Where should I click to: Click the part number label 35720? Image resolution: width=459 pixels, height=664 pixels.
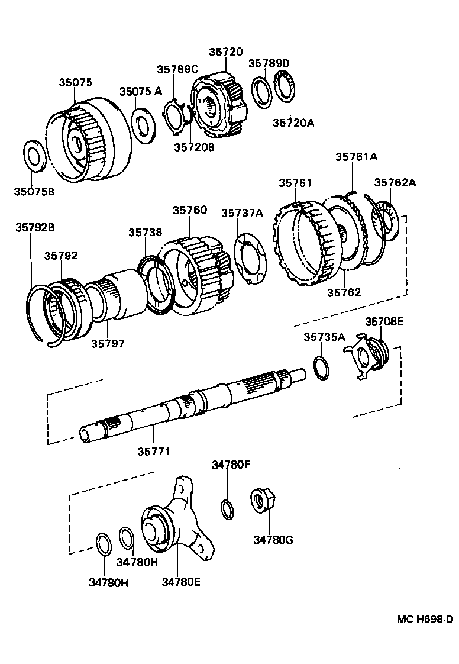[x=225, y=52]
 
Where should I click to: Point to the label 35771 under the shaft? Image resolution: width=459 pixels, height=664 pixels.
[x=154, y=451]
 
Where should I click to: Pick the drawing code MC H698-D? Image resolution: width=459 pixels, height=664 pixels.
[x=425, y=619]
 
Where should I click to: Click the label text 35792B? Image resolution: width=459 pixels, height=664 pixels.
[x=35, y=227]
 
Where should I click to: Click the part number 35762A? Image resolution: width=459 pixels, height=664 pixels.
[x=395, y=182]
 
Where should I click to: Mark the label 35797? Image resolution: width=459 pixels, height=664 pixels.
[x=108, y=343]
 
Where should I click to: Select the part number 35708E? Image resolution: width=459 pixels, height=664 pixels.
[x=384, y=321]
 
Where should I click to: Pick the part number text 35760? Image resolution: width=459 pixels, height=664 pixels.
[x=190, y=209]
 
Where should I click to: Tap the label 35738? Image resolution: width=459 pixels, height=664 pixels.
[x=146, y=233]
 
